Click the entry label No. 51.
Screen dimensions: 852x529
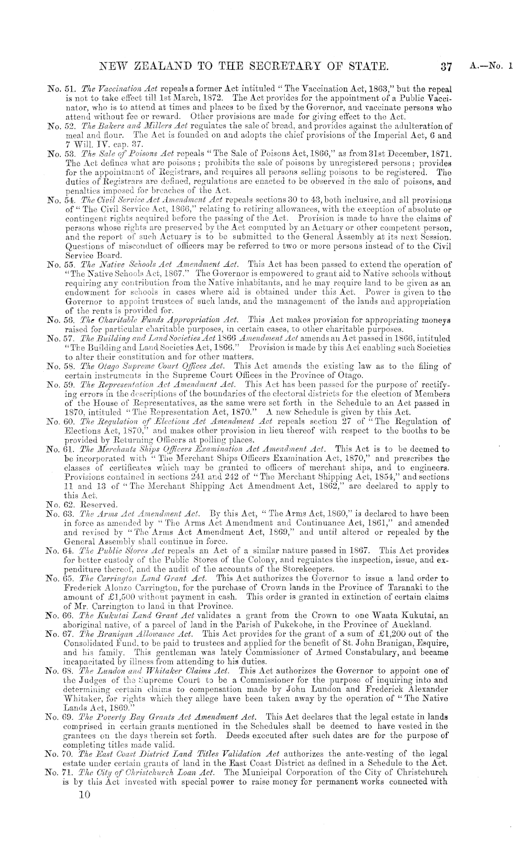tap(59, 89)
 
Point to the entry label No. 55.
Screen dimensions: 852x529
tap(59, 264)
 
